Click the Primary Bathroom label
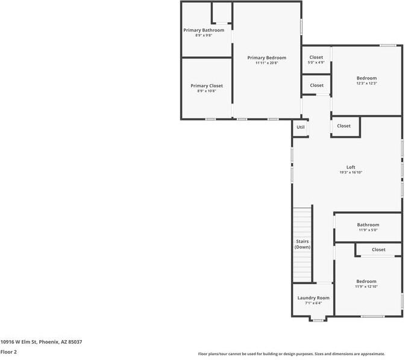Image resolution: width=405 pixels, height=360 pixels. (x=204, y=30)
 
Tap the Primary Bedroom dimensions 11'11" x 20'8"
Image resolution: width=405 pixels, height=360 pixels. (x=266, y=63)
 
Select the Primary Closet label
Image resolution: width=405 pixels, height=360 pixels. (x=207, y=86)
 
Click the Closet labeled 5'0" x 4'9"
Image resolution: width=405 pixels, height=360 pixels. (x=316, y=58)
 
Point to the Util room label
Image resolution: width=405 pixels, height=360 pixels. (x=300, y=127)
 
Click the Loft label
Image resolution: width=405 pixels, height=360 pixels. (x=350, y=167)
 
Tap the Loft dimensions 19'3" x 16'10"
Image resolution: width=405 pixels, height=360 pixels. (x=350, y=173)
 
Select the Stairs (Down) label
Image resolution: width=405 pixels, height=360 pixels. (x=302, y=244)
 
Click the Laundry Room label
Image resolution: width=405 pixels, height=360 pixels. (x=313, y=298)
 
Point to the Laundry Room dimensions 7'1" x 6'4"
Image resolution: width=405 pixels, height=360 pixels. (x=313, y=303)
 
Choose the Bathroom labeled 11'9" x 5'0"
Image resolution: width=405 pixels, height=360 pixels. (x=368, y=225)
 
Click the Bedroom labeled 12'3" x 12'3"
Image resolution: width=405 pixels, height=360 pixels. (x=366, y=78)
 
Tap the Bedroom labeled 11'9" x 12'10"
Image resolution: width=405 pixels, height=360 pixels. (x=366, y=281)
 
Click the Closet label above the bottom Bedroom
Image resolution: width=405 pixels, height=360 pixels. (x=378, y=249)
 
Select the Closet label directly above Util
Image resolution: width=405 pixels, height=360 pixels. (x=316, y=85)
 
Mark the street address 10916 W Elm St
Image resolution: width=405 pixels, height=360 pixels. (x=41, y=342)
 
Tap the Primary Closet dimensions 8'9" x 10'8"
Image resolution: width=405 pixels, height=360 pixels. (x=207, y=92)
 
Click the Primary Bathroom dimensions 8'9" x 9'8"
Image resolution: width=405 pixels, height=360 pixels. (x=204, y=36)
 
